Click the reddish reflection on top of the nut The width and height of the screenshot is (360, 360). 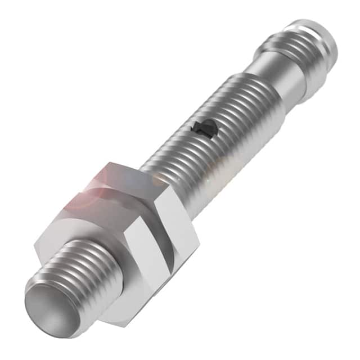pyautogui.click(x=84, y=194)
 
